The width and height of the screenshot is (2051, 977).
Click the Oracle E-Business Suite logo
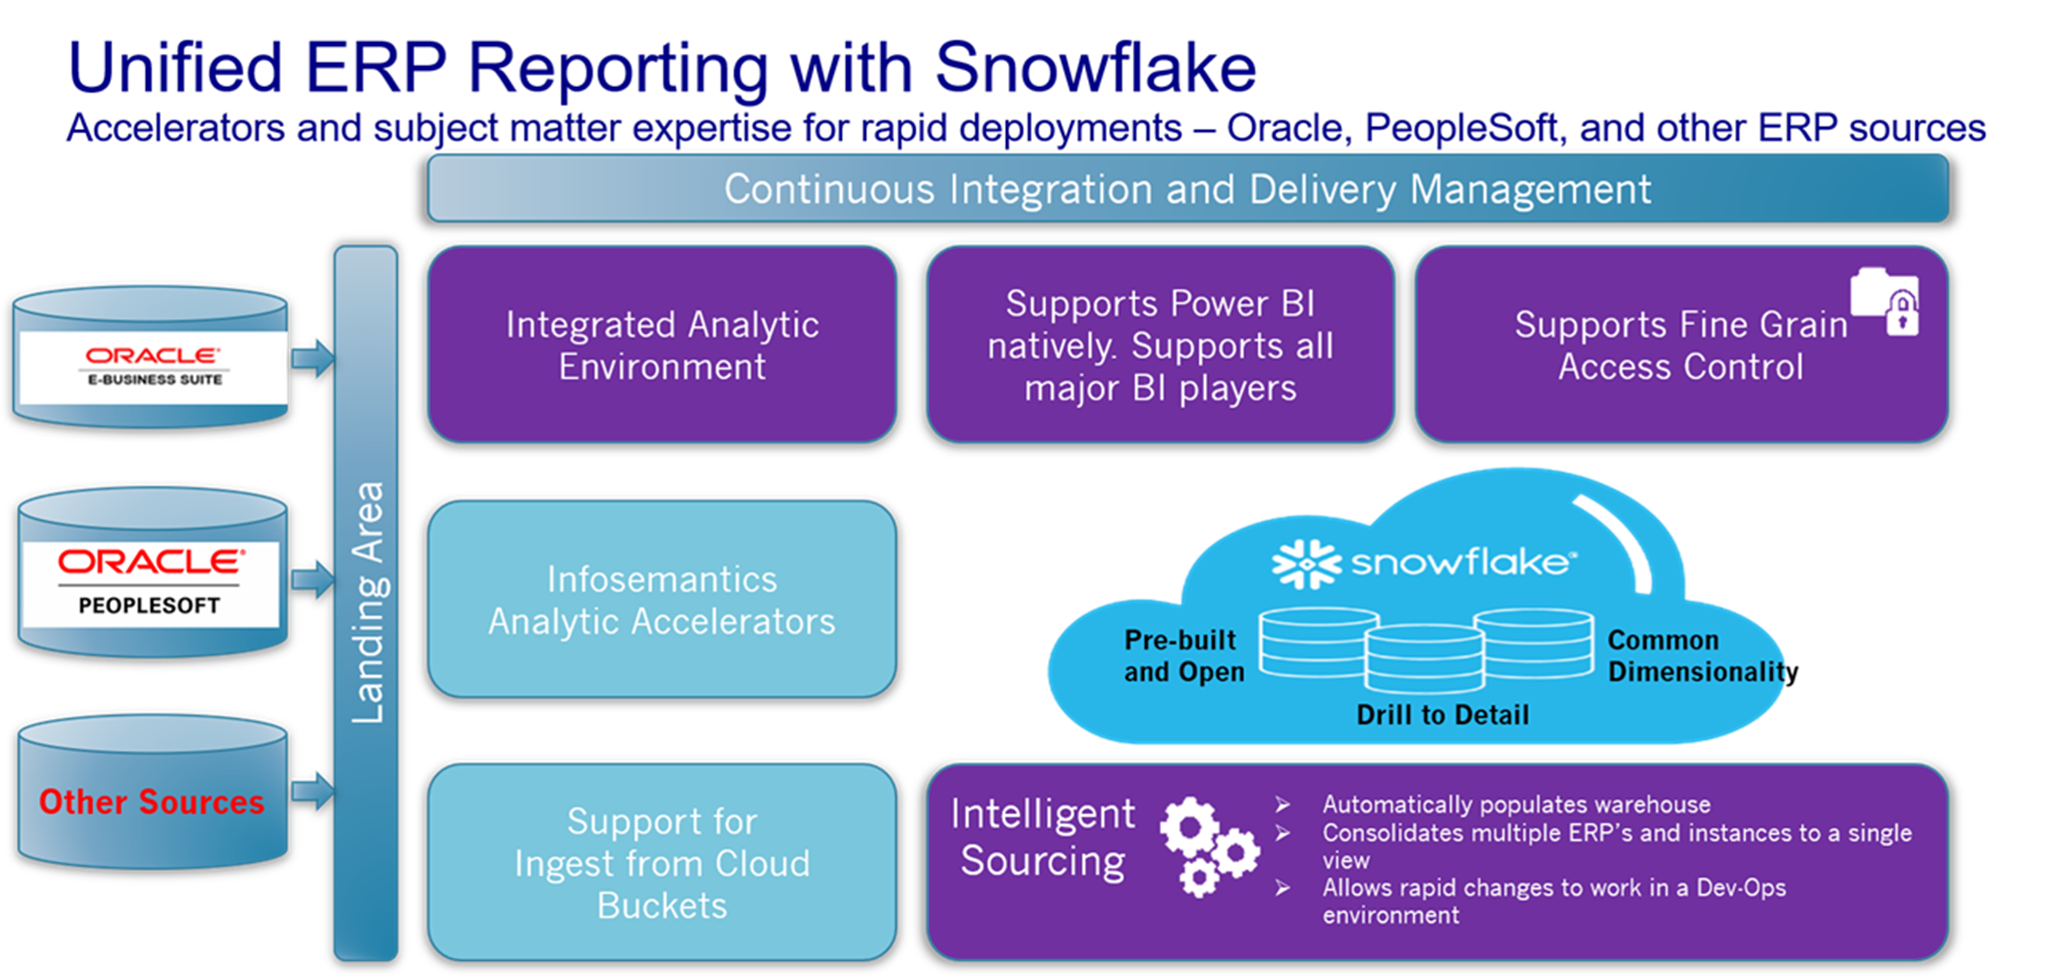[153, 366]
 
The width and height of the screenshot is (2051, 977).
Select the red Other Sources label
[152, 801]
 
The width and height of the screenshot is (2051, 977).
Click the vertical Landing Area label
[367, 602]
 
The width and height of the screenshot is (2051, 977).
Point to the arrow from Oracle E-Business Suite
[313, 357]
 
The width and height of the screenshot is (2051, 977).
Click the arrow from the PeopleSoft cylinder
[313, 579]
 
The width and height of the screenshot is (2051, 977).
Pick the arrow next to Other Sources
[313, 790]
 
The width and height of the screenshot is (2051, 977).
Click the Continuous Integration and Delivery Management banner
[1187, 189]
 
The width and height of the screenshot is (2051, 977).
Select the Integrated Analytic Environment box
[661, 345]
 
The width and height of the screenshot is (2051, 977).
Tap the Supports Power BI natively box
[1159, 345]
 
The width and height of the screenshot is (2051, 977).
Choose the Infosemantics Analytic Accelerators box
[661, 599]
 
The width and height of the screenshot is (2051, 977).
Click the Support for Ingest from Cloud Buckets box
[661, 862]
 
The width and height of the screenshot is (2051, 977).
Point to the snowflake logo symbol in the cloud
[1306, 563]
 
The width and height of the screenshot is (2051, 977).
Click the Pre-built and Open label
[1184, 655]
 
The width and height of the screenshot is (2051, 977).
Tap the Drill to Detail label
[1442, 714]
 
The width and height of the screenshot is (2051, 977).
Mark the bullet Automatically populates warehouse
[1516, 804]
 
